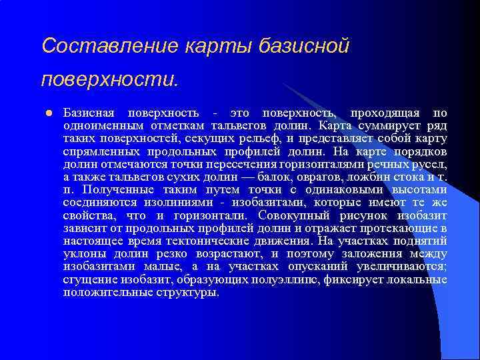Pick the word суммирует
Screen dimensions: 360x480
click(387, 125)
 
